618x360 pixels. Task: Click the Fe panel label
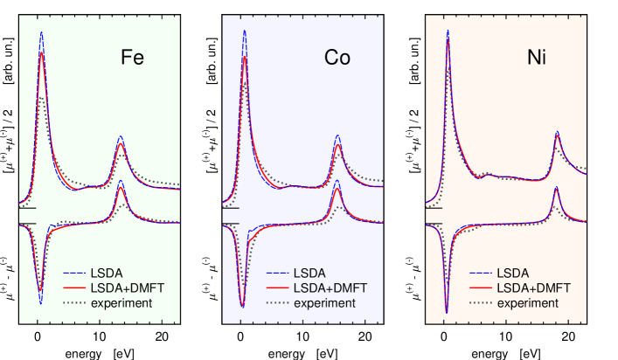132,59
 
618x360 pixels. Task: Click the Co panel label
337,59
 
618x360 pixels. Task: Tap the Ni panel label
538,59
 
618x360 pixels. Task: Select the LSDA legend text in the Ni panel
512,272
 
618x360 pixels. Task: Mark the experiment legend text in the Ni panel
526,303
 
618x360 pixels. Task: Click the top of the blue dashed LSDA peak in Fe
41,32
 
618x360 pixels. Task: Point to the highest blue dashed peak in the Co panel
244,30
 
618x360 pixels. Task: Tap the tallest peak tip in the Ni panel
448,30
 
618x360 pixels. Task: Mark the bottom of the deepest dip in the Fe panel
40,304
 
